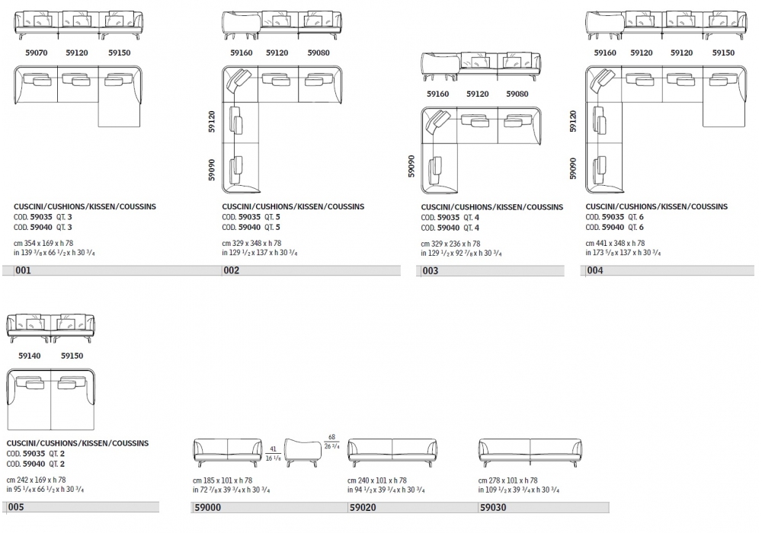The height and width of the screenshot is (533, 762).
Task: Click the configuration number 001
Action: tap(23, 270)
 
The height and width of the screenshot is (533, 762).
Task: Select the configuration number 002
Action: tap(231, 270)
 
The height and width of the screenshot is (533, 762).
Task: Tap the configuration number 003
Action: tap(431, 270)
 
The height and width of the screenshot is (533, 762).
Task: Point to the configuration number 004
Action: tap(595, 270)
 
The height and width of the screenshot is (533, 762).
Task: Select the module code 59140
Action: tap(30, 356)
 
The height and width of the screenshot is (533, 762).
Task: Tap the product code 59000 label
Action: tap(207, 506)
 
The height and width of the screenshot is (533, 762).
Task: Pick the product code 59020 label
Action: tap(361, 506)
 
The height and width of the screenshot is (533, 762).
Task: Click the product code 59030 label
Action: tap(492, 506)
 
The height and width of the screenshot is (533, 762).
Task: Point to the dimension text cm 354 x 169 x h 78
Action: tap(47, 243)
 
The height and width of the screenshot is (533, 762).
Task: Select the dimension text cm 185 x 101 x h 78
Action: tap(223, 480)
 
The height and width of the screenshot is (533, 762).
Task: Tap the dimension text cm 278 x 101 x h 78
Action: tap(507, 480)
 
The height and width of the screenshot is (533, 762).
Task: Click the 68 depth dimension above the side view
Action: tap(331, 437)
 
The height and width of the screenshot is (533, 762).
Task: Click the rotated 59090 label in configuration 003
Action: tap(412, 167)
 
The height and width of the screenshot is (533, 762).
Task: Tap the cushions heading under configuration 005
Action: tap(78, 442)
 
